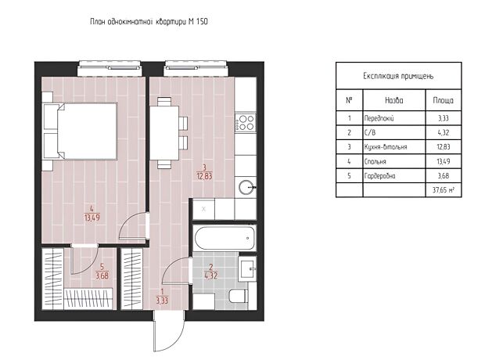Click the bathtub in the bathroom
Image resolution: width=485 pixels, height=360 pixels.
(225, 238)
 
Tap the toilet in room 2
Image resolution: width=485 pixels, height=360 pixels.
(239, 296)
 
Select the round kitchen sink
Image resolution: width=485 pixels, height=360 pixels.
(247, 187)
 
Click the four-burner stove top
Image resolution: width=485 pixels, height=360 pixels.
(246, 122)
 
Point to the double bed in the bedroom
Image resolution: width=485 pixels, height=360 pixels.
(81, 131)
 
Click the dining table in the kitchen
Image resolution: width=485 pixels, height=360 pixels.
(164, 133)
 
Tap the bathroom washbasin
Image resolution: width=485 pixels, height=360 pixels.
(248, 269)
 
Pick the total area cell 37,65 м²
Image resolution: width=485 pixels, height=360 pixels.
(444, 189)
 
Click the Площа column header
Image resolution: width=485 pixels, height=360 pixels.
(444, 100)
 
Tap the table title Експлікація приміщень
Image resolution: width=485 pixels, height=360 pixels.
(398, 76)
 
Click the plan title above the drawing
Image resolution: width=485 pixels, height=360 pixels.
(149, 22)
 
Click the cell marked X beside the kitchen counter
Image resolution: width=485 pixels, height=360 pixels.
(203, 209)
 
